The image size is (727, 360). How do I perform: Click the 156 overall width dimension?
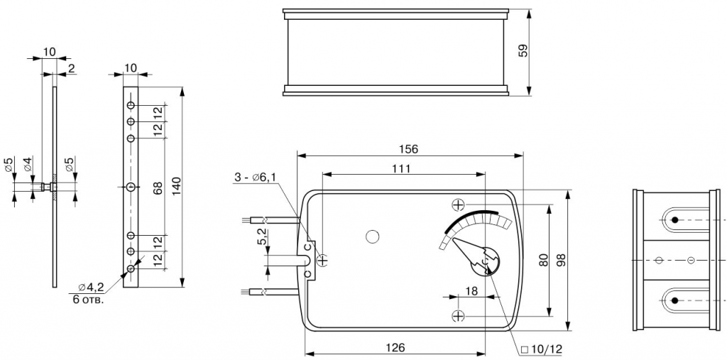pyautogui.click(x=408, y=149)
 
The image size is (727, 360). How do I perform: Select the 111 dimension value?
pyautogui.click(x=401, y=168)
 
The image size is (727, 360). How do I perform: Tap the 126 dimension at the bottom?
pyautogui.click(x=395, y=347)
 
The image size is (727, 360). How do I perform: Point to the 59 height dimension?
pyautogui.click(x=523, y=50)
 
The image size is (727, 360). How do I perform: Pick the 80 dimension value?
pyautogui.click(x=544, y=260)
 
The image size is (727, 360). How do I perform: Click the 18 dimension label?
pyautogui.click(x=471, y=291)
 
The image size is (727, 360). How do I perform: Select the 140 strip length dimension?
pyautogui.click(x=175, y=186)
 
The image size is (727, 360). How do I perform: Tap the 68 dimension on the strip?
pyautogui.click(x=158, y=188)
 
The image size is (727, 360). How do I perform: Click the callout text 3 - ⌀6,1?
pyautogui.click(x=256, y=178)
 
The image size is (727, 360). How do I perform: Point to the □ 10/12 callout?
pyautogui.click(x=541, y=349)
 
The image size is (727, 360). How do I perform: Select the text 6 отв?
pyautogui.click(x=89, y=299)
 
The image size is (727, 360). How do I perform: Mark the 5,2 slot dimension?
pyautogui.click(x=262, y=236)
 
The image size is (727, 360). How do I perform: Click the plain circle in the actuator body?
pyautogui.click(x=372, y=236)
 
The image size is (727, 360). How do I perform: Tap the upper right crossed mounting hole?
pyautogui.click(x=458, y=204)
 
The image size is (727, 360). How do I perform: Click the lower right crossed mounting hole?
pyautogui.click(x=458, y=317)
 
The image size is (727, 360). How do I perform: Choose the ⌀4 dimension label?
pyautogui.click(x=28, y=164)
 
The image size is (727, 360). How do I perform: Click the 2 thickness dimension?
pyautogui.click(x=71, y=69)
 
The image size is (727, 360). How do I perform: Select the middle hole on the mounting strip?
pyautogui.click(x=131, y=187)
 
